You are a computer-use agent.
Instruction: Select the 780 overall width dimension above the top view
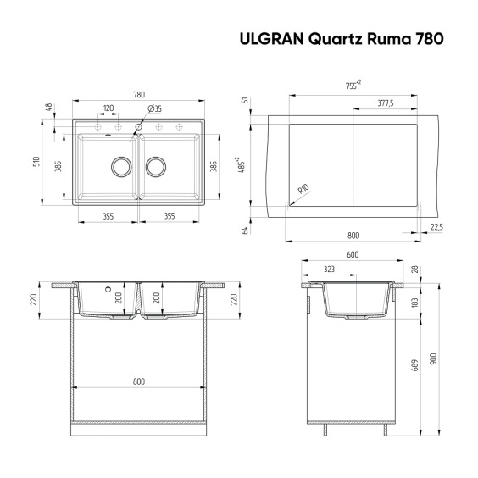click(139, 95)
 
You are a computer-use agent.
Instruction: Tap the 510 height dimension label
click(36, 161)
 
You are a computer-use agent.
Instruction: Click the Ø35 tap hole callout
click(154, 108)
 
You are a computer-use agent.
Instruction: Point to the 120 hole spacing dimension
click(108, 108)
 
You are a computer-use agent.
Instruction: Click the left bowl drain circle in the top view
click(121, 167)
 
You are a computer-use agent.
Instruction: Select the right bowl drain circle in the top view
click(156, 167)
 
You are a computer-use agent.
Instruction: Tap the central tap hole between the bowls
click(139, 127)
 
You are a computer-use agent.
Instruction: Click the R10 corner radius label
click(303, 189)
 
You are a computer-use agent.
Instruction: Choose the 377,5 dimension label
click(386, 103)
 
